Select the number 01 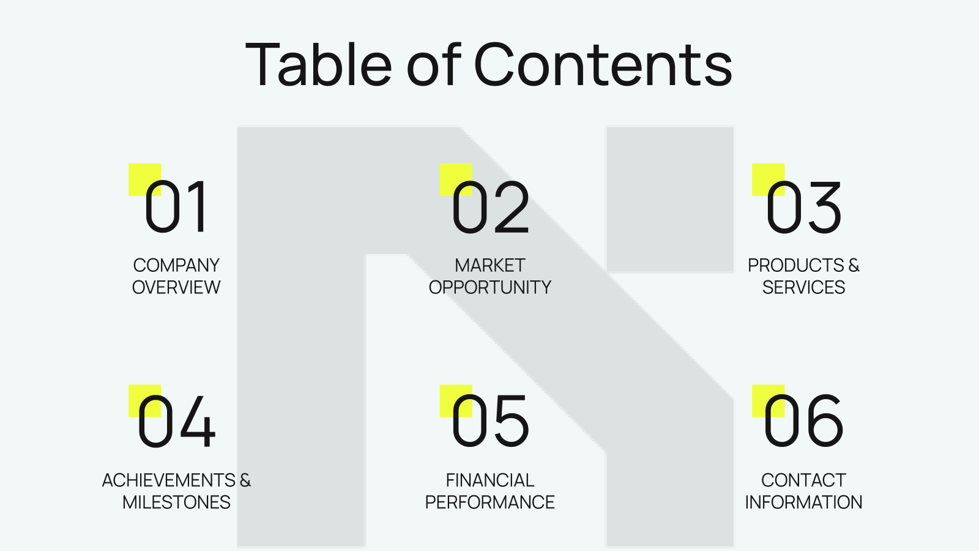(175, 207)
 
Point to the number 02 (490, 207)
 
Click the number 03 (803, 207)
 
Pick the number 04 (176, 421)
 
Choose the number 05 (490, 421)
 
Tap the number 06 (803, 421)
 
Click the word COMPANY (176, 266)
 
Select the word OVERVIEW (176, 287)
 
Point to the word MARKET (490, 266)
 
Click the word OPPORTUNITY (490, 287)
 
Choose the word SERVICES (803, 287)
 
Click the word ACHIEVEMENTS (169, 480)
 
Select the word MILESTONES (176, 502)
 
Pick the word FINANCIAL (490, 480)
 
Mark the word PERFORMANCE (490, 502)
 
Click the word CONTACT (803, 480)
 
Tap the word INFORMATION (803, 502)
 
